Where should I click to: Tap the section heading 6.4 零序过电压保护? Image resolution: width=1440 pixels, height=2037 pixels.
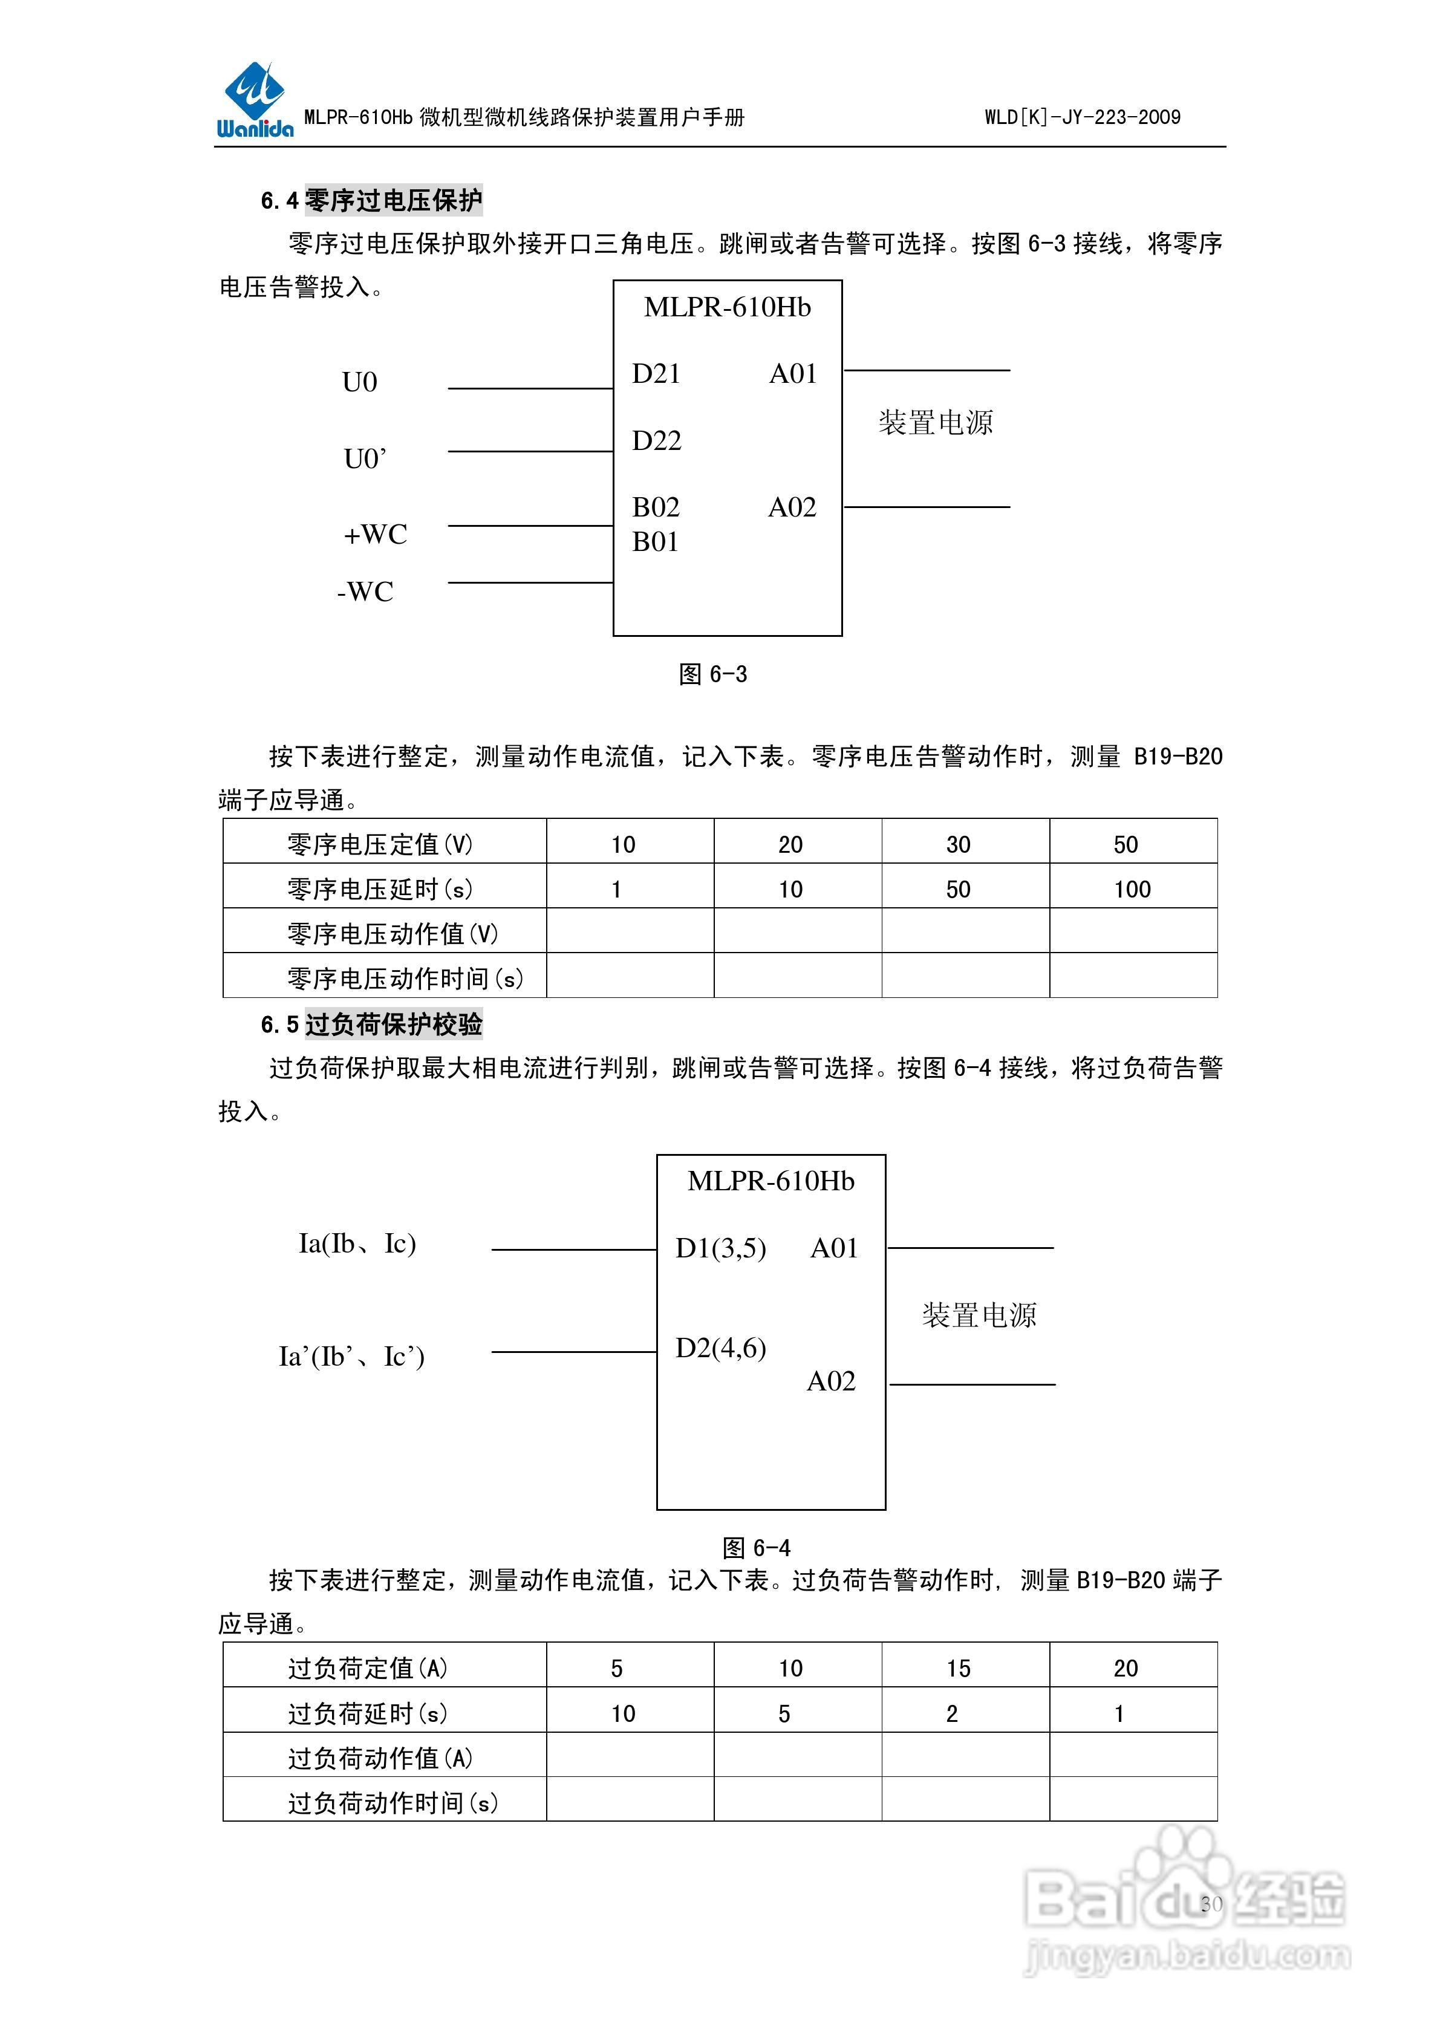tap(372, 201)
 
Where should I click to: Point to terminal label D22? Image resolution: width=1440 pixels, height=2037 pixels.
tap(657, 441)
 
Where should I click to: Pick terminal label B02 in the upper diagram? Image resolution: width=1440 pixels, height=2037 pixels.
tap(656, 507)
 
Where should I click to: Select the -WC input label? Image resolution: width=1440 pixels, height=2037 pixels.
tap(365, 592)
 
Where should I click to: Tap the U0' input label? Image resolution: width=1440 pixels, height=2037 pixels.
tap(365, 458)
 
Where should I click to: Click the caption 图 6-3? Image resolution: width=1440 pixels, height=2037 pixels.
tap(713, 674)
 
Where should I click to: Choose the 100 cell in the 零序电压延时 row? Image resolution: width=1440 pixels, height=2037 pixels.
tap(1132, 889)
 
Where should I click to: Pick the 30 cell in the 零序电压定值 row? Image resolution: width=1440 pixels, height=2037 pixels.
tap(957, 844)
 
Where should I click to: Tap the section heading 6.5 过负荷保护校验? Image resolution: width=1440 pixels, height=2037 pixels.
tap(372, 1025)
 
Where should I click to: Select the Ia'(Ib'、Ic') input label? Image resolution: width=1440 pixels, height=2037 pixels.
tap(352, 1357)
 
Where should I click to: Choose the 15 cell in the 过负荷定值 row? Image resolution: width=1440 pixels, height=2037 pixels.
tap(957, 1669)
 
